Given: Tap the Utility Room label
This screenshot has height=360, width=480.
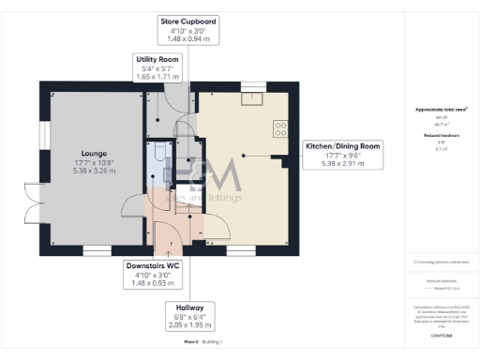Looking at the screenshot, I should click(x=157, y=67).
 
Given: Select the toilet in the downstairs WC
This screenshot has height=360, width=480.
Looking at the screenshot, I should click(x=161, y=152).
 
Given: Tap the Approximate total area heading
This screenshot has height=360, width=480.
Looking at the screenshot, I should click(x=435, y=110).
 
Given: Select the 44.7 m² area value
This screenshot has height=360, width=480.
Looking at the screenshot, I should click(x=435, y=124).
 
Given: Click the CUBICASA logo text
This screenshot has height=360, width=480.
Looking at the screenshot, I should click(x=436, y=335).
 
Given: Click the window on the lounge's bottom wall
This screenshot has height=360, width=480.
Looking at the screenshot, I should click(x=96, y=250).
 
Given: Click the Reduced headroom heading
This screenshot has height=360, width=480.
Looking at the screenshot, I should click(x=435, y=136).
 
